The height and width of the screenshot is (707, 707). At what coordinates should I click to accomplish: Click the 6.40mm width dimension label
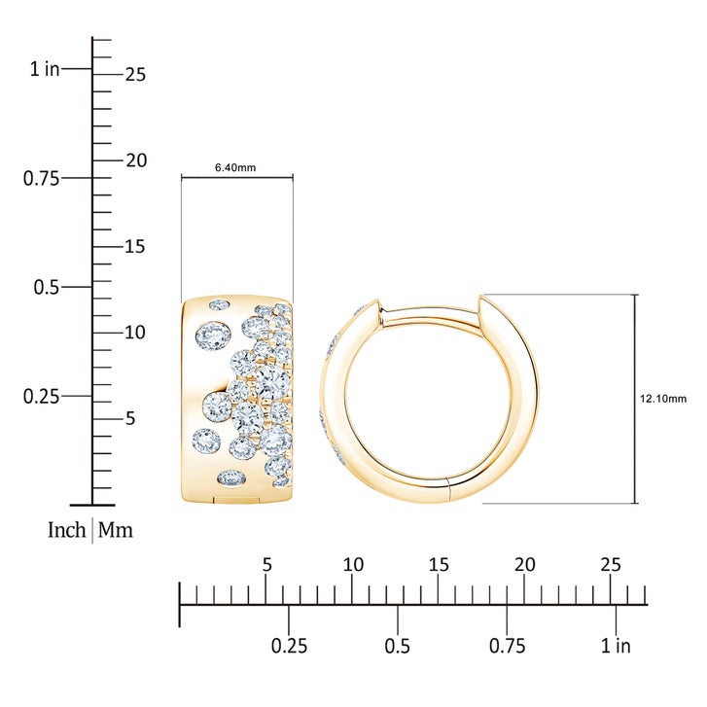(235, 167)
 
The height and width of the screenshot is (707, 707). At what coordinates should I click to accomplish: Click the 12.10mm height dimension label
(663, 399)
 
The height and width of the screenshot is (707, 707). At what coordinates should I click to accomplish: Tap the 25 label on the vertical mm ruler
(136, 75)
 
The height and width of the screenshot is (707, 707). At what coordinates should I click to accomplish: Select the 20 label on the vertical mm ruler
(136, 160)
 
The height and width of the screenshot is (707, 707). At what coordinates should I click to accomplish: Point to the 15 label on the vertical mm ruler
(135, 247)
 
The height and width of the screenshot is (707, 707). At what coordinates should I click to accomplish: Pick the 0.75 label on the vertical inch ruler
(41, 179)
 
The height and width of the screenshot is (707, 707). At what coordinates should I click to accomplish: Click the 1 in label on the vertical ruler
(45, 69)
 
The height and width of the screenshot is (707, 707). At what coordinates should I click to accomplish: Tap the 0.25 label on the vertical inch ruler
(41, 397)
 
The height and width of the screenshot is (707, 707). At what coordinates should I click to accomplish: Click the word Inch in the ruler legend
(67, 530)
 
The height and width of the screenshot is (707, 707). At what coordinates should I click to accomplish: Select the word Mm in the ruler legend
(116, 530)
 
